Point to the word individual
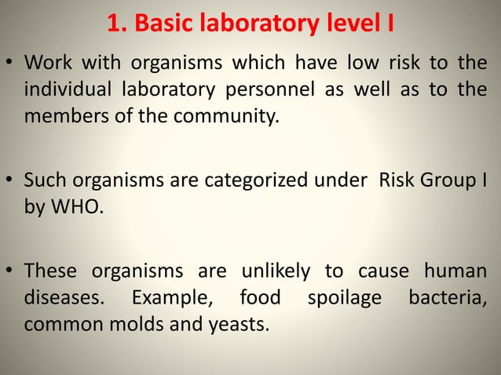point(68,89)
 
